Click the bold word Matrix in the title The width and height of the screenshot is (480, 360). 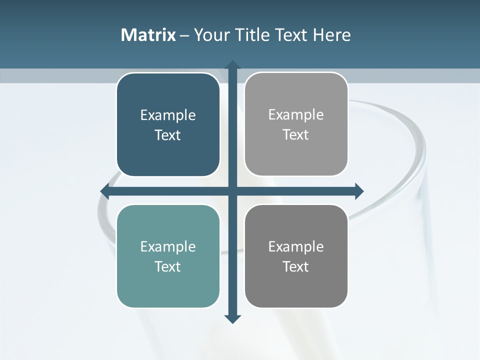tap(148, 35)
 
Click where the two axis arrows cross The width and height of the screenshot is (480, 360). tap(232, 191)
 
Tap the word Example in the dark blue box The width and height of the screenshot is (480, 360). tap(168, 115)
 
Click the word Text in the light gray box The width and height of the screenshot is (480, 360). tap(296, 135)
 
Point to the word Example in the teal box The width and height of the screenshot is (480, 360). tap(168, 246)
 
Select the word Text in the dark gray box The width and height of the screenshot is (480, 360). tap(296, 266)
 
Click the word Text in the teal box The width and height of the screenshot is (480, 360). tap(168, 266)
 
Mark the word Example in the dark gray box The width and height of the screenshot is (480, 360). tap(296, 246)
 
